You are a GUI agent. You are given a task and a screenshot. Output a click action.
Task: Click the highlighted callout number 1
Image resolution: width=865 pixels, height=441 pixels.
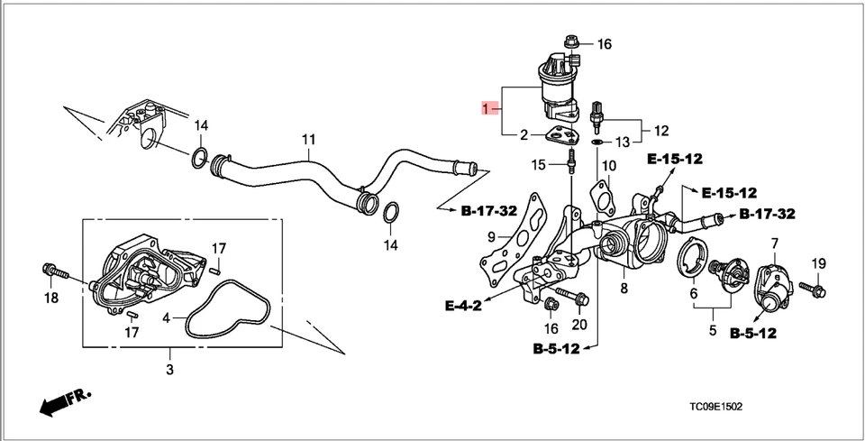[488, 110]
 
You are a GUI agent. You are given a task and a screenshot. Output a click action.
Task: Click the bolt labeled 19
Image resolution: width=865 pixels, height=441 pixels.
[817, 289]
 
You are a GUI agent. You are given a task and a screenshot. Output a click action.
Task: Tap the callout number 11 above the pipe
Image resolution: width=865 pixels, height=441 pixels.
[309, 140]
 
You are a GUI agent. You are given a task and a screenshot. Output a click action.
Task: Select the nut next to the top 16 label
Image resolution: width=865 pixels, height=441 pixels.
[570, 41]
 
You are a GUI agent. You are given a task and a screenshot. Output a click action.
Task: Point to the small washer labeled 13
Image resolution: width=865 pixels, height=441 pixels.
[597, 142]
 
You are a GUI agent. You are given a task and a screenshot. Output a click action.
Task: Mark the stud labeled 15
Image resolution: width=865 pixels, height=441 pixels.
[570, 165]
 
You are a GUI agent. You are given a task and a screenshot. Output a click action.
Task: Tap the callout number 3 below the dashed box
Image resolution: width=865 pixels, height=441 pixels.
[170, 371]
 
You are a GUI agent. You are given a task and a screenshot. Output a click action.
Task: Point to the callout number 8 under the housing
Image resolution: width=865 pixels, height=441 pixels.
[622, 289]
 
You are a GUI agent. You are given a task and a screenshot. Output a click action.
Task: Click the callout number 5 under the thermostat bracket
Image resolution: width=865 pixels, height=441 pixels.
[712, 331]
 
